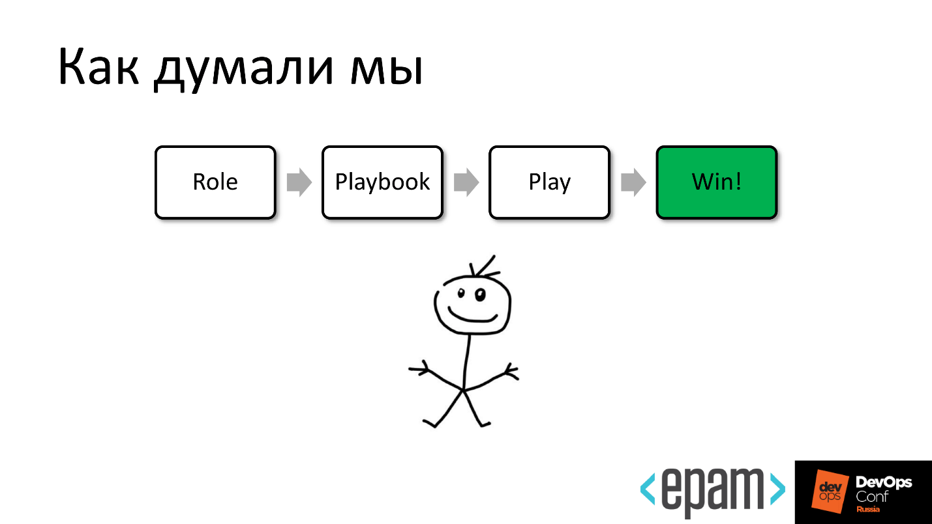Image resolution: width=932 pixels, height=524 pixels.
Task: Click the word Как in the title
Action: [x=98, y=66]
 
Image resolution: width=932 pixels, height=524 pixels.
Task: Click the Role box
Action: [x=215, y=182]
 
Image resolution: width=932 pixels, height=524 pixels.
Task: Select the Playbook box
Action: [x=382, y=182]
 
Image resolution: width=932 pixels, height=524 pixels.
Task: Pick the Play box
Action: [x=549, y=182]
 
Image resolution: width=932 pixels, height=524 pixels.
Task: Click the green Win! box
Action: [x=716, y=182]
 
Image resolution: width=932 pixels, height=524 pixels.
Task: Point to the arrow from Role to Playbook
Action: [x=299, y=182]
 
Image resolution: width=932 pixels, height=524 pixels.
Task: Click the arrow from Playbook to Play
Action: [x=466, y=182]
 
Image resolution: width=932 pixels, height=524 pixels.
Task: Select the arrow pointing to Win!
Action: [x=633, y=182]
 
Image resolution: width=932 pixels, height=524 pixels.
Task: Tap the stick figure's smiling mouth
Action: [x=473, y=317]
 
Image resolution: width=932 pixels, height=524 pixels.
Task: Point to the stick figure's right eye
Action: [x=480, y=295]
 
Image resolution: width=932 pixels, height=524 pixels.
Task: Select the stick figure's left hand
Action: [x=417, y=369]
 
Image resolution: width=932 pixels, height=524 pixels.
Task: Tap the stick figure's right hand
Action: [x=511, y=372]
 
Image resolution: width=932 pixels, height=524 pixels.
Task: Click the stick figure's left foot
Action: [x=429, y=424]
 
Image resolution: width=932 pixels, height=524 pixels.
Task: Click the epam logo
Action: [x=712, y=490]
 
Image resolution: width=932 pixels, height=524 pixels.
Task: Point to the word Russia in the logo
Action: [x=867, y=509]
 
